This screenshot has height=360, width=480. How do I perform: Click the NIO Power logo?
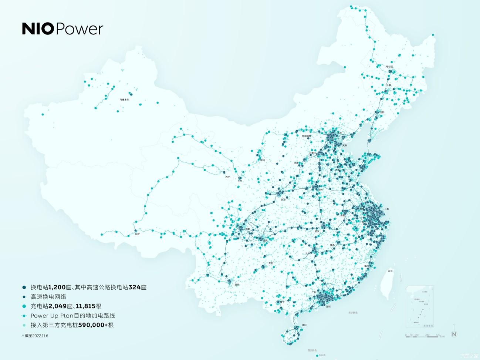click(x=62, y=29)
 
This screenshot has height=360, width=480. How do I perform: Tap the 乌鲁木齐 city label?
click(x=124, y=100)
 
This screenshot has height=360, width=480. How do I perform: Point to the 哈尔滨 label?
click(x=389, y=67)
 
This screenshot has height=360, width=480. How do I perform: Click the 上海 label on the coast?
click(x=386, y=209)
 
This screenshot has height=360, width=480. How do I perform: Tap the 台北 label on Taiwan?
click(x=390, y=271)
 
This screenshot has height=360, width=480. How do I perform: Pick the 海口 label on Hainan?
click(x=304, y=325)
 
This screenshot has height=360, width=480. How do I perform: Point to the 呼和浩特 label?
click(x=307, y=136)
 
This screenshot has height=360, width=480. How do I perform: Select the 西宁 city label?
click(x=228, y=177)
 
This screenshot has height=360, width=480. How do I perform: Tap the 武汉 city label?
click(x=317, y=232)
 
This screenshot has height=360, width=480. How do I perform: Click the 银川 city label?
click(x=263, y=160)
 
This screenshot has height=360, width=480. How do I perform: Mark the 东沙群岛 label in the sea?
click(x=353, y=313)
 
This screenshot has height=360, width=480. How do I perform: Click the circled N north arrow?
click(x=454, y=334)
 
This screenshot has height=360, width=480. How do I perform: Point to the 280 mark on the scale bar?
click(x=427, y=335)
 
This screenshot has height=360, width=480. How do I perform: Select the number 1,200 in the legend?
click(x=57, y=287)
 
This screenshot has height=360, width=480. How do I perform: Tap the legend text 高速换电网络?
click(x=48, y=297)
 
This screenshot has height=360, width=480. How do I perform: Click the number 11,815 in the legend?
click(x=85, y=306)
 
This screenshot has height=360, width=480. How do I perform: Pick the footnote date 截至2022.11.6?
click(x=36, y=336)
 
